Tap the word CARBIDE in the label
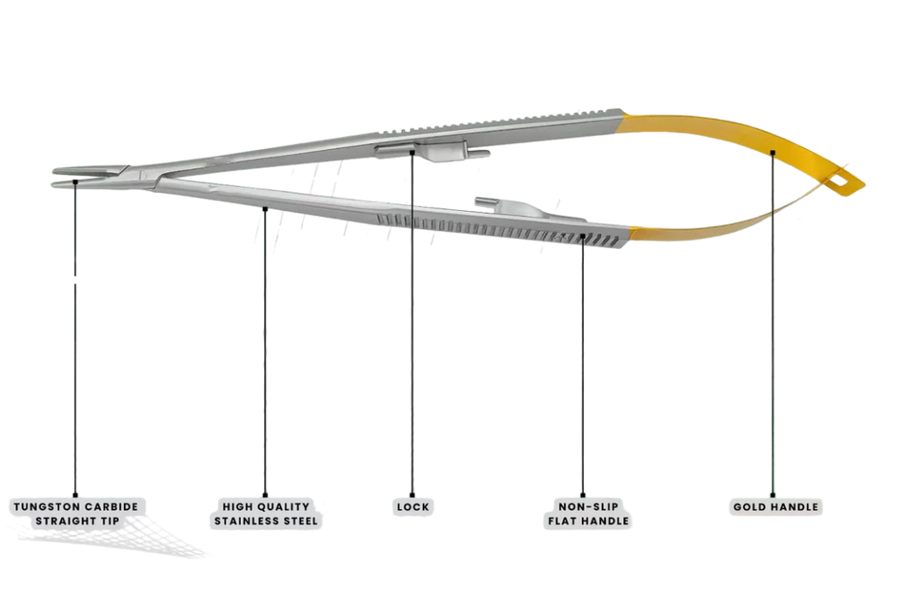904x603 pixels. [112, 507]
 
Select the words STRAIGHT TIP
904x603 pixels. [77, 520]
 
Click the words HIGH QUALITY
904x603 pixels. [266, 507]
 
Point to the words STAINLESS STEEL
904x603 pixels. [266, 520]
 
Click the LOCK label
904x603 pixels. [412, 507]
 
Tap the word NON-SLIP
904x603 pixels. [588, 507]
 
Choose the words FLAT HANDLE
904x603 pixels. [588, 520]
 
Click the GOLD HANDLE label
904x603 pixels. [776, 507]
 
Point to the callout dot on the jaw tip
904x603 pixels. [75, 182]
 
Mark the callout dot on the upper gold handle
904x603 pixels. [772, 152]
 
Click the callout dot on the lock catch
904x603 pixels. [412, 152]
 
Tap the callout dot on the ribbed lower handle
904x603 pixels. [582, 235]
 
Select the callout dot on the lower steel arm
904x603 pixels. [265, 208]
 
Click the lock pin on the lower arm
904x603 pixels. [486, 202]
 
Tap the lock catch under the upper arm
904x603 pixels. [432, 152]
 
